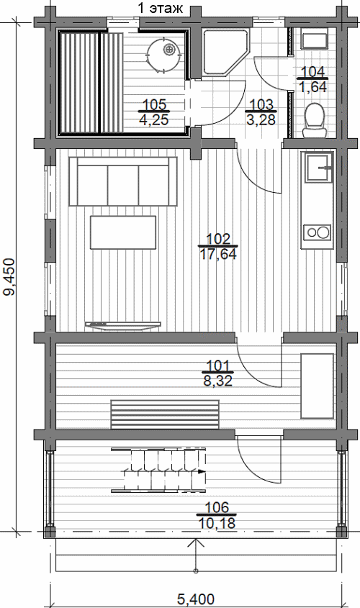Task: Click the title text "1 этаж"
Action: pos(161,9)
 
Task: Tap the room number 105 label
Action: pos(154,105)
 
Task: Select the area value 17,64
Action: pos(218,255)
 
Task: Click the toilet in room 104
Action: pos(313,120)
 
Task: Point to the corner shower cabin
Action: pos(224,53)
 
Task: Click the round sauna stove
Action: pos(164,53)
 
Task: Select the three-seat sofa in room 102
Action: pos(123,181)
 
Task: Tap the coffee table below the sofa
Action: pos(123,232)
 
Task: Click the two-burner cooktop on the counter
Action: pos(318,232)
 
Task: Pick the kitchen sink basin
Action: pos(319,168)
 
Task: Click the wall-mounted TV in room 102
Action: pos(122,325)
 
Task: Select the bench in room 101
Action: pos(165,414)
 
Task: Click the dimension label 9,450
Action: pos(9,277)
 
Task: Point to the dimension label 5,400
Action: pos(196,599)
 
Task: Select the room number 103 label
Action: pos(261,105)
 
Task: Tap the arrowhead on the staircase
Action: pos(201,471)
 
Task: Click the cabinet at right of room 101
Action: pos(318,386)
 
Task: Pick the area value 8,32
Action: pos(218,381)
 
